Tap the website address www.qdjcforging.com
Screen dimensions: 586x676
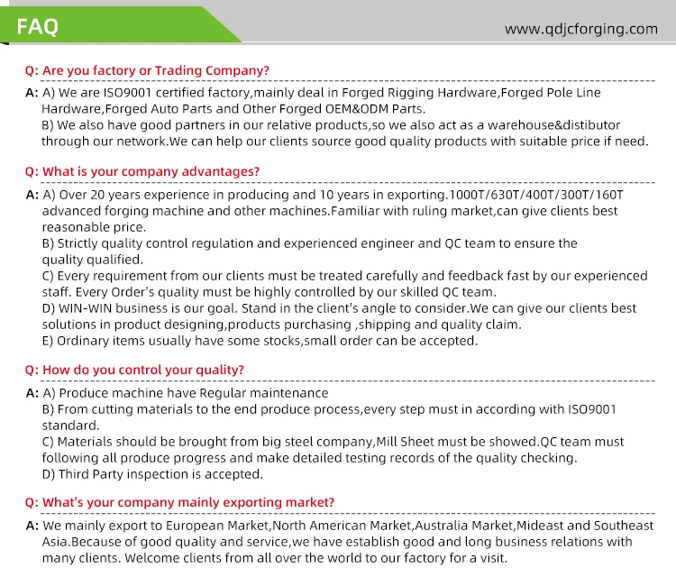coord(581,29)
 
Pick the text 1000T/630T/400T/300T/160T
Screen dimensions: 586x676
coord(538,195)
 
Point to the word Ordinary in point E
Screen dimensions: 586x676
coord(85,341)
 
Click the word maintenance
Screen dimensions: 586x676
coord(288,393)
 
